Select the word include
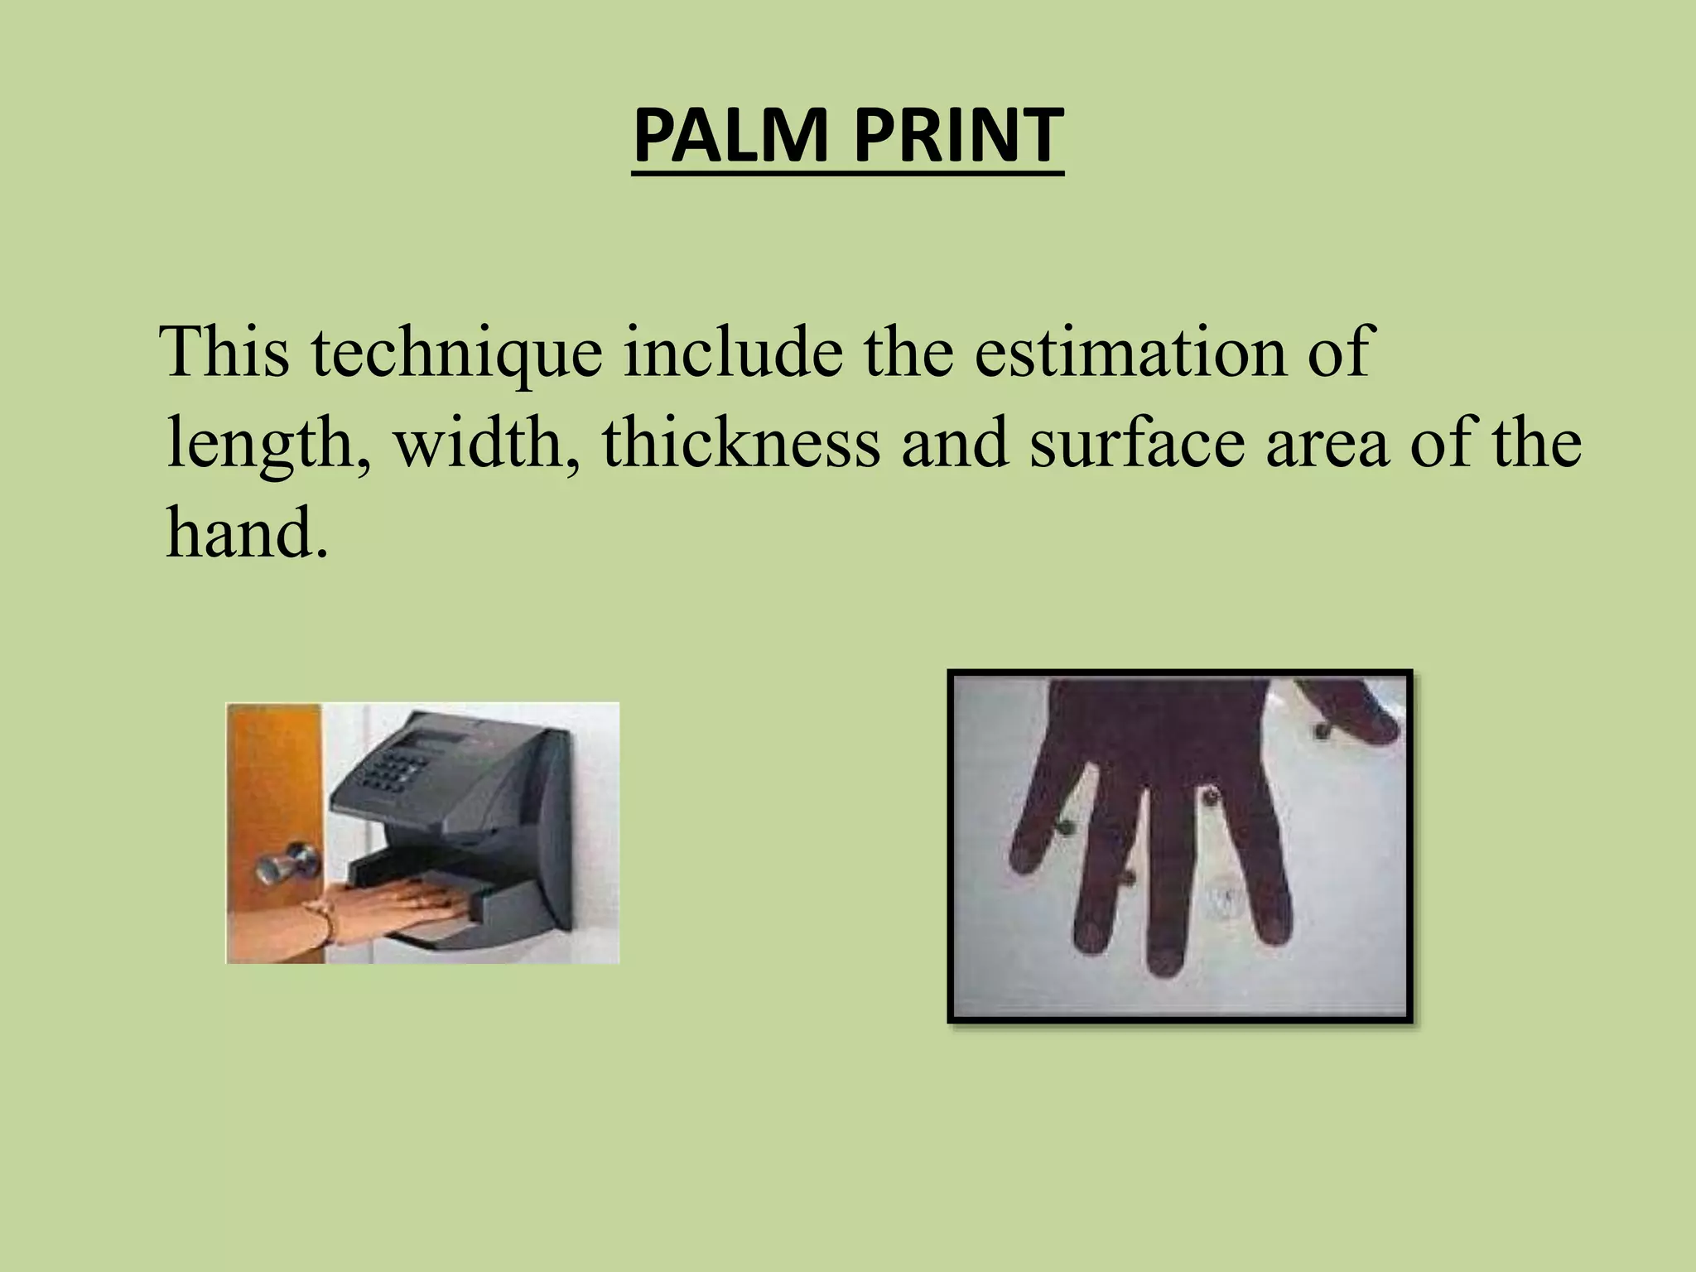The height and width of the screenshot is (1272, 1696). click(x=733, y=351)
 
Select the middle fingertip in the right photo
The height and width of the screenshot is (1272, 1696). click(x=1164, y=957)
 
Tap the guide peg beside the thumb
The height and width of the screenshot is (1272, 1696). click(x=1321, y=730)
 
